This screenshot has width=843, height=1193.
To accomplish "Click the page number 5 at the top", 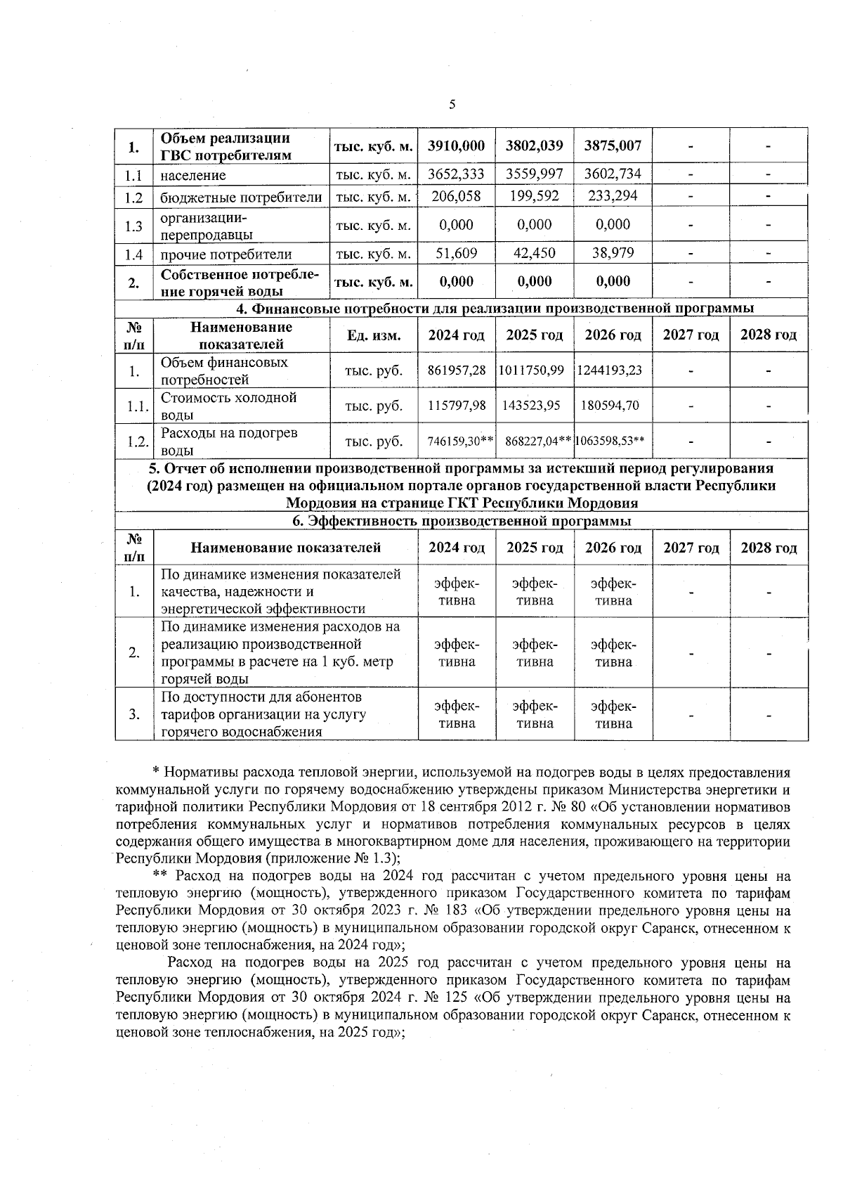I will point(452,105).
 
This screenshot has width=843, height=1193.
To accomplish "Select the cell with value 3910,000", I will point(457,146).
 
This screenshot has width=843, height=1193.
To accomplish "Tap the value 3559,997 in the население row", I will point(535,174).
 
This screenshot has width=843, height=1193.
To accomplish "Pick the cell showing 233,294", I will point(613,196).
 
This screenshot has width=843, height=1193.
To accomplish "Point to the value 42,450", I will point(535,254).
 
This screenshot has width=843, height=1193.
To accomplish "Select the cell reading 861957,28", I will point(457,370).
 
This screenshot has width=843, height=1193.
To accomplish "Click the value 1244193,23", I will point(610,370).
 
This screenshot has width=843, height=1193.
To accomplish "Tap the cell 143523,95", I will point(532,406).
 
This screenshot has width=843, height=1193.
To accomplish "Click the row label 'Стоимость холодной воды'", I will point(229,406).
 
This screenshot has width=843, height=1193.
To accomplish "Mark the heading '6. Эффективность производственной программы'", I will point(462,521).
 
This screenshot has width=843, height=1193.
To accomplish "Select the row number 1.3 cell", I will point(134,226).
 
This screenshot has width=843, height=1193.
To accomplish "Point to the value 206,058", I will point(456,196).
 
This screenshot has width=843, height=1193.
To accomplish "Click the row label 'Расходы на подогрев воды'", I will point(229,441).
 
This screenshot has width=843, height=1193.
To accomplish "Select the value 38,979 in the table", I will point(613,254).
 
